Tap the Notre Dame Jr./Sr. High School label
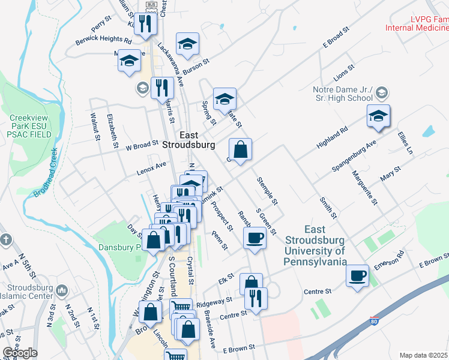pyautogui.click(x=343, y=94)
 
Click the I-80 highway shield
pyautogui.click(x=375, y=322)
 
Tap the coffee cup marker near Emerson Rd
pyautogui.click(x=358, y=275)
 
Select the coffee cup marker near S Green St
pyautogui.click(x=255, y=238)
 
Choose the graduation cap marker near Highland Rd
pyautogui.click(x=378, y=116)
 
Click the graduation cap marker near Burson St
pyautogui.click(x=187, y=44)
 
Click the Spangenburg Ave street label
pyautogui.click(x=355, y=157)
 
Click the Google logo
pyautogui.click(x=20, y=353)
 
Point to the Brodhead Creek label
pyautogui.click(x=45, y=178)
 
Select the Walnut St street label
pyautogui.click(x=95, y=126)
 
